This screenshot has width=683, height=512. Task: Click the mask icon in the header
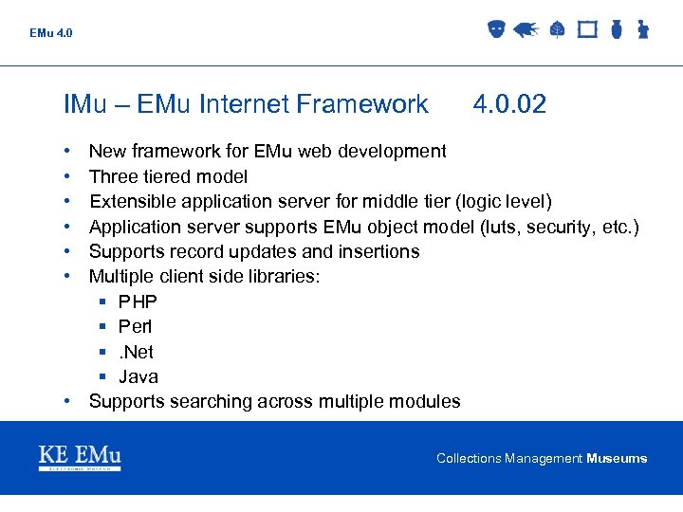(x=495, y=29)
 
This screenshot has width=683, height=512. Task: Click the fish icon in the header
(x=526, y=29)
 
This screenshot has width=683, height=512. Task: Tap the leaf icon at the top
(x=558, y=29)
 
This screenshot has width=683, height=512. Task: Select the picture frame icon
(x=587, y=29)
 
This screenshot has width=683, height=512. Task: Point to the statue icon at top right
(x=642, y=29)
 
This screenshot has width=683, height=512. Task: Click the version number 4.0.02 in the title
(x=509, y=104)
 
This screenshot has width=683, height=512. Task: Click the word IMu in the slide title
(x=85, y=104)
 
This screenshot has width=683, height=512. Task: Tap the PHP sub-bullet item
(x=138, y=302)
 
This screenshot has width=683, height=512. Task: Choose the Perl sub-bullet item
(x=135, y=326)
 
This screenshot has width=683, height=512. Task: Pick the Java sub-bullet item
(x=138, y=376)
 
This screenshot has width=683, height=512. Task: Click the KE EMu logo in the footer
(x=80, y=457)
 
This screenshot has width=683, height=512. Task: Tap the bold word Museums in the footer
(x=617, y=459)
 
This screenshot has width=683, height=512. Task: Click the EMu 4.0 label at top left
(x=50, y=33)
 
